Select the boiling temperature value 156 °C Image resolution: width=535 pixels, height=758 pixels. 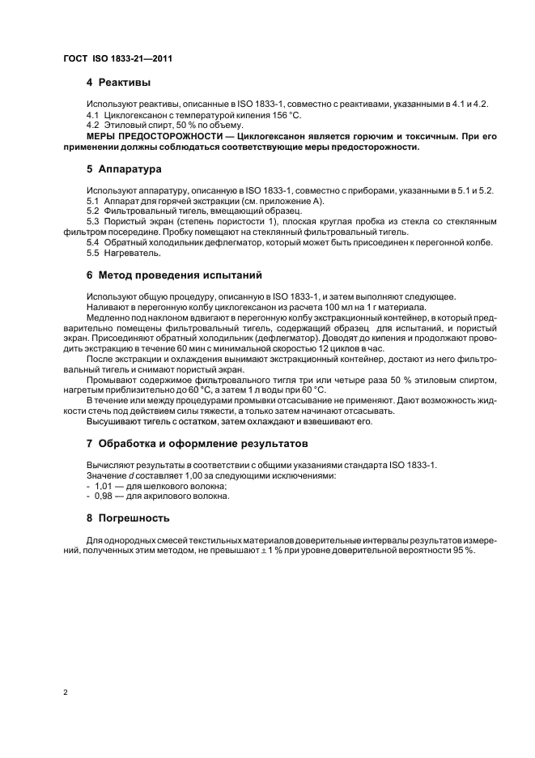pyautogui.click(x=275, y=116)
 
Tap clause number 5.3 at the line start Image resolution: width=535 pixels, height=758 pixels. pyautogui.click(x=93, y=221)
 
